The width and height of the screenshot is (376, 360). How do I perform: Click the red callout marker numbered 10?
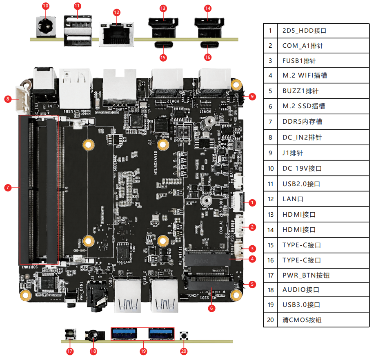[x=45, y=6]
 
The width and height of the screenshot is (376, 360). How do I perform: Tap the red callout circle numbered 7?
[x=8, y=187]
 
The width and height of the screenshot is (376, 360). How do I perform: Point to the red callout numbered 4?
[x=252, y=258]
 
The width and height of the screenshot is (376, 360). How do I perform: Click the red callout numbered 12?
[x=117, y=12]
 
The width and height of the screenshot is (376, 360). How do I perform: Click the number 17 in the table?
[x=270, y=275]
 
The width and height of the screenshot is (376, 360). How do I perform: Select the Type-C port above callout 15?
[x=163, y=45]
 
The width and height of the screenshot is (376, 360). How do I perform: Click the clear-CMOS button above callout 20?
[x=184, y=336]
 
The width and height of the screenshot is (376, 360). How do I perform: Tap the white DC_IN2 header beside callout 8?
[x=22, y=99]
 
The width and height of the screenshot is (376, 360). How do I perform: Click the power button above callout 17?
[x=70, y=335]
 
